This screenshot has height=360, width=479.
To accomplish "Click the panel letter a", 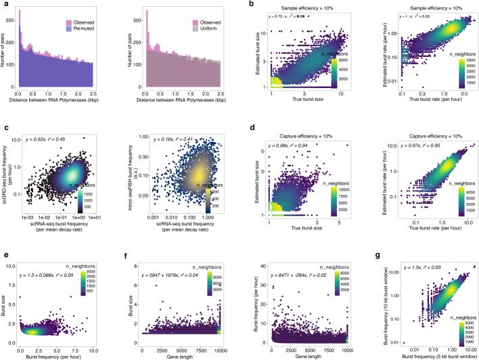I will click(3, 4).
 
